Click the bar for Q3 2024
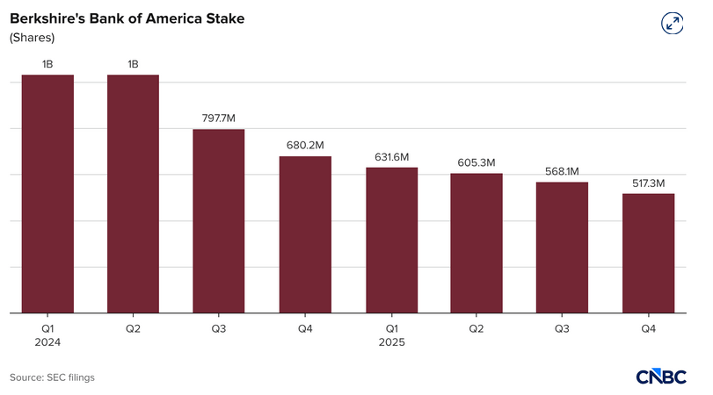(219, 221)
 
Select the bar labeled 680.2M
(305, 234)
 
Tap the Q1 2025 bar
(391, 240)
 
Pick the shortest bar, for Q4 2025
(649, 253)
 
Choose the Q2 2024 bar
(133, 193)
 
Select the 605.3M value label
(477, 162)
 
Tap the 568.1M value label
(563, 171)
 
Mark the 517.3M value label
(649, 183)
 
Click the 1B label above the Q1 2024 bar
(47, 63)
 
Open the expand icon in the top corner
(673, 24)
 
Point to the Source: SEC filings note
(53, 377)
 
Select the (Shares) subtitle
(33, 38)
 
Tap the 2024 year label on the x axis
(47, 342)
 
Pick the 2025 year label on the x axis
(391, 342)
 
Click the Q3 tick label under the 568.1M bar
(563, 327)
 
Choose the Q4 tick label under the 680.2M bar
(305, 327)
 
